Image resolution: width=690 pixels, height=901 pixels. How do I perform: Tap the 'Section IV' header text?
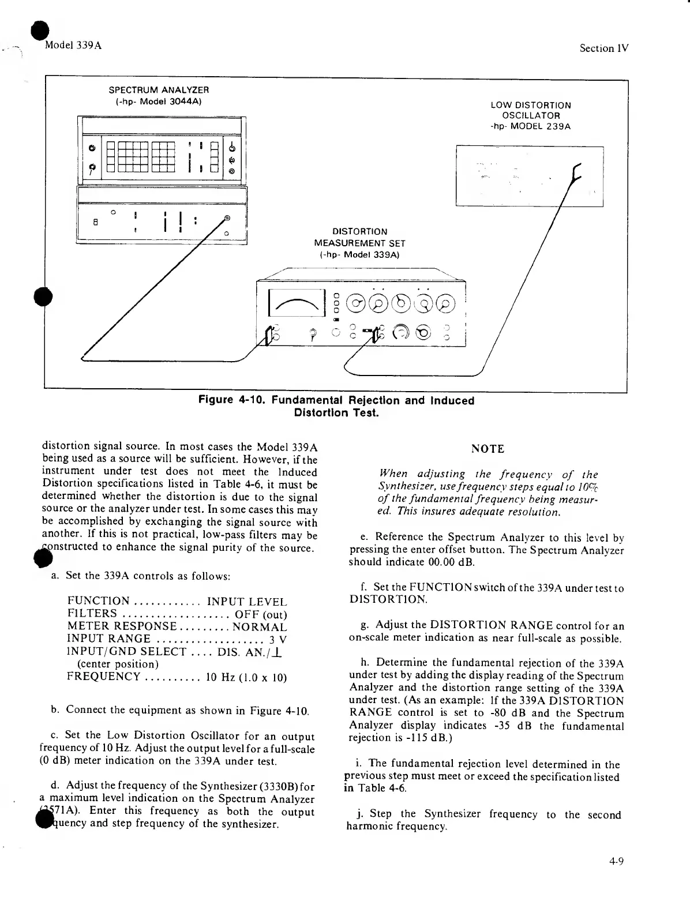tap(603, 48)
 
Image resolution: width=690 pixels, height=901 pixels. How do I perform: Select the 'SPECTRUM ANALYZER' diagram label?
tap(159, 90)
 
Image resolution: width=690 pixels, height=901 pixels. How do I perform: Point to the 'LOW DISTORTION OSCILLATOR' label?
tap(530, 110)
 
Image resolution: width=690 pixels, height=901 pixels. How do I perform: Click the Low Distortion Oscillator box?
tap(528, 176)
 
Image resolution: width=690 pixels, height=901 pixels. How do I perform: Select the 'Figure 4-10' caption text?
tap(336, 406)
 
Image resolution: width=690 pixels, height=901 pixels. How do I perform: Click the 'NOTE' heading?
tap(487, 449)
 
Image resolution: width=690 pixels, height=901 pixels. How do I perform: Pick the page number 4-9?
tap(616, 862)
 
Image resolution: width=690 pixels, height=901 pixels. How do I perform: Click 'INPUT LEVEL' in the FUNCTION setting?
tap(246, 602)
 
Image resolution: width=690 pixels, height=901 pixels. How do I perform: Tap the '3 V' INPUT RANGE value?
tap(278, 640)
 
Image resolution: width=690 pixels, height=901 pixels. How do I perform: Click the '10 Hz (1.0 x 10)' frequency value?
tap(246, 677)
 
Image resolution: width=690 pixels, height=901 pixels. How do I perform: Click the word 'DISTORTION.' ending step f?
tap(388, 600)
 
